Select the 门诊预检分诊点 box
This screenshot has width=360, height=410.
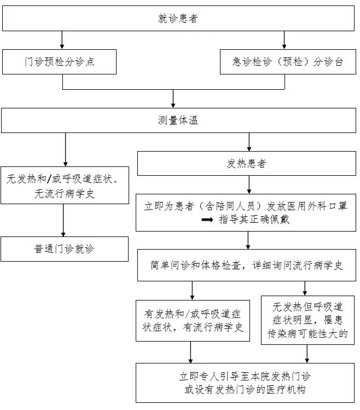(59, 62)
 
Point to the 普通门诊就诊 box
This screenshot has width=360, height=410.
(65, 249)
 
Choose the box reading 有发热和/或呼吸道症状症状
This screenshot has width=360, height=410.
(192, 321)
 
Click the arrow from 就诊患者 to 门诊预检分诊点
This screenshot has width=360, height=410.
(62, 40)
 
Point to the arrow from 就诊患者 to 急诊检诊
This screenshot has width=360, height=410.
(284, 40)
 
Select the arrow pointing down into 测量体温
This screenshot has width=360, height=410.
(173, 99)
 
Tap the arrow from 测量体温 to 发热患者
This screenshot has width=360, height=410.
(249, 142)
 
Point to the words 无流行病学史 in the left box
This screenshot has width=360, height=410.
(65, 193)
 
